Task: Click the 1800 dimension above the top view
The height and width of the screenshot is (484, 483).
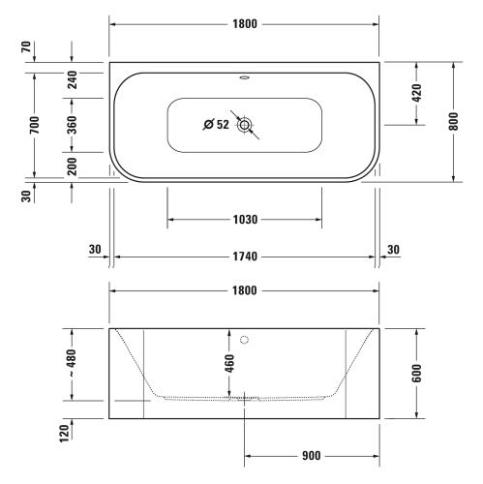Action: click(245, 24)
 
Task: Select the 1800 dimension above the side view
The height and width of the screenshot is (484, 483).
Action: click(245, 290)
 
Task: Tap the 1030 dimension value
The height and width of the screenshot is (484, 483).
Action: click(245, 220)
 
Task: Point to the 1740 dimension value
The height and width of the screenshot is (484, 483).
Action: click(245, 257)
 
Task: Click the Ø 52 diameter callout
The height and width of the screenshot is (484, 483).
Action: click(216, 125)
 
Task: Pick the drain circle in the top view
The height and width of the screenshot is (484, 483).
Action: click(244, 125)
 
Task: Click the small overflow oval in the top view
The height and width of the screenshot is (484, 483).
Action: click(244, 77)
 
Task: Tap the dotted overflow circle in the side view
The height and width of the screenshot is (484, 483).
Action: click(244, 340)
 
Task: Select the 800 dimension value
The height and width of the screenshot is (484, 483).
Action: click(453, 121)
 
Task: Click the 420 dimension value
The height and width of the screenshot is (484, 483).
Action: click(416, 93)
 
